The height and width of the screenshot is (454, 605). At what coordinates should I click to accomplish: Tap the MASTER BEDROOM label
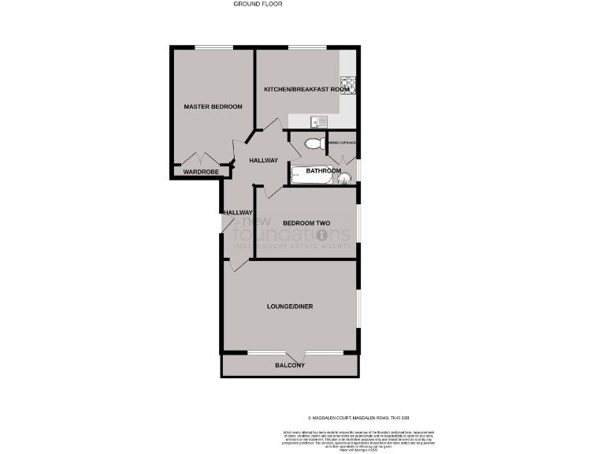coord(213,106)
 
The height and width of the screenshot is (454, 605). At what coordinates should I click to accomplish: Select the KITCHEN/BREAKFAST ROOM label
coord(306,90)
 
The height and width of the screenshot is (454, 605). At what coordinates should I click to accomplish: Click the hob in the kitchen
coord(347,85)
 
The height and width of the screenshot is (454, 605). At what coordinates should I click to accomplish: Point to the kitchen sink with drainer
coord(319,121)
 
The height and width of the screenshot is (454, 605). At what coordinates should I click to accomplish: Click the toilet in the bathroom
coord(313,143)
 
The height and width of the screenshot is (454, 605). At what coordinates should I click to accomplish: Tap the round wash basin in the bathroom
coord(343,178)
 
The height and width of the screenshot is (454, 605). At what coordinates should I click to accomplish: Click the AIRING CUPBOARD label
coord(343,143)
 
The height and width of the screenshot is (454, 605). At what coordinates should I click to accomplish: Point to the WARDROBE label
coord(200,171)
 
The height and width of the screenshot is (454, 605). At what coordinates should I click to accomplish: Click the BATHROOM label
coord(323,170)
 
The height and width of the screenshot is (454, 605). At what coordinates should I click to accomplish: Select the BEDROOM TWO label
coord(306,223)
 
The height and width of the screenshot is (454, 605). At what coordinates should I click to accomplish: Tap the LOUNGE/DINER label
coord(291,306)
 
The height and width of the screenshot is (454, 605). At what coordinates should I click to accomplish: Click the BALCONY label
coord(290,366)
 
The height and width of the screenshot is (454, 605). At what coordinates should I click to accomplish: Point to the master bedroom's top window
coord(209,48)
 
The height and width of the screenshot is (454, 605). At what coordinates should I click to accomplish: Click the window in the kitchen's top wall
coord(303,48)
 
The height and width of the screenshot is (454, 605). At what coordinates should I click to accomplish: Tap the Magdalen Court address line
coord(358,418)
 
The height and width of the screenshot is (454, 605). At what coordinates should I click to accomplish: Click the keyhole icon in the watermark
coord(321,235)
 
